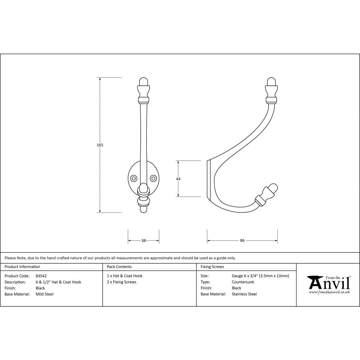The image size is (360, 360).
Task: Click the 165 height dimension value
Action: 100,145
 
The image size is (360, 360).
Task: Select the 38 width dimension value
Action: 144,240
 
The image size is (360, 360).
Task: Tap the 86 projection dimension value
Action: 242,240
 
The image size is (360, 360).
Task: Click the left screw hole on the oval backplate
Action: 134,178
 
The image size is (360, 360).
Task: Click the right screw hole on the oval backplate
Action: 154,178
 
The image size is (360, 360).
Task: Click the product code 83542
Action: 41,276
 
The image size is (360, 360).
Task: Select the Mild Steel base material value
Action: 45,294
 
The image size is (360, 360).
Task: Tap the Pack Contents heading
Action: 119,267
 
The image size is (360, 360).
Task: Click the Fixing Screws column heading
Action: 212,267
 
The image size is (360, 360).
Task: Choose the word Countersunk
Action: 243,282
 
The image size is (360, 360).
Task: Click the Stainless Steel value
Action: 244,294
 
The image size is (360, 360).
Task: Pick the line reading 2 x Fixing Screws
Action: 121,282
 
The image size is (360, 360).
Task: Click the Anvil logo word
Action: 329,284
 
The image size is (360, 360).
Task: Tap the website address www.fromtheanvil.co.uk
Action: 329,292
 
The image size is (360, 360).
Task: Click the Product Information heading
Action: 22,267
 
